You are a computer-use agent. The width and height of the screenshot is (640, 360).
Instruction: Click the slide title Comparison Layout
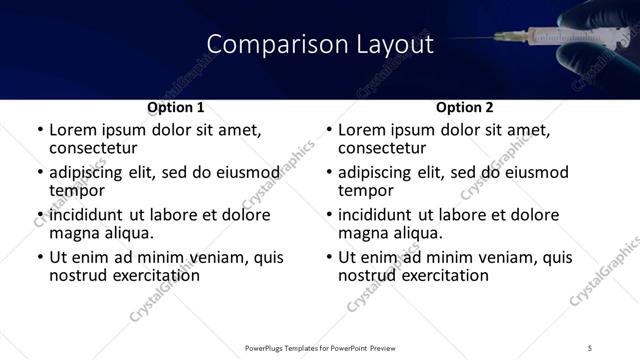click(320, 45)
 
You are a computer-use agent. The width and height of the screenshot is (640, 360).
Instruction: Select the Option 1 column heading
click(176, 106)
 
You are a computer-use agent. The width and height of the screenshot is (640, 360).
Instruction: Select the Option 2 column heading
click(465, 106)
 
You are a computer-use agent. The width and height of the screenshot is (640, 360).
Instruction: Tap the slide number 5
click(590, 346)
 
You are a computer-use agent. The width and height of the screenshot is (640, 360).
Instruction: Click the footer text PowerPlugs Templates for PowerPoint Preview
click(320, 346)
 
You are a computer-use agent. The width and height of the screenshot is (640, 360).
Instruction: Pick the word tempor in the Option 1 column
click(77, 191)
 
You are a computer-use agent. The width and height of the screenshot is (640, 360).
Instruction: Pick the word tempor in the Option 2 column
click(366, 191)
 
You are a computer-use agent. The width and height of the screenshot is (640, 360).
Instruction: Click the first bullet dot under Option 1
click(39, 131)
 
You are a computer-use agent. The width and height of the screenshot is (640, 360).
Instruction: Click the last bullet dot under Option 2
click(328, 258)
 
